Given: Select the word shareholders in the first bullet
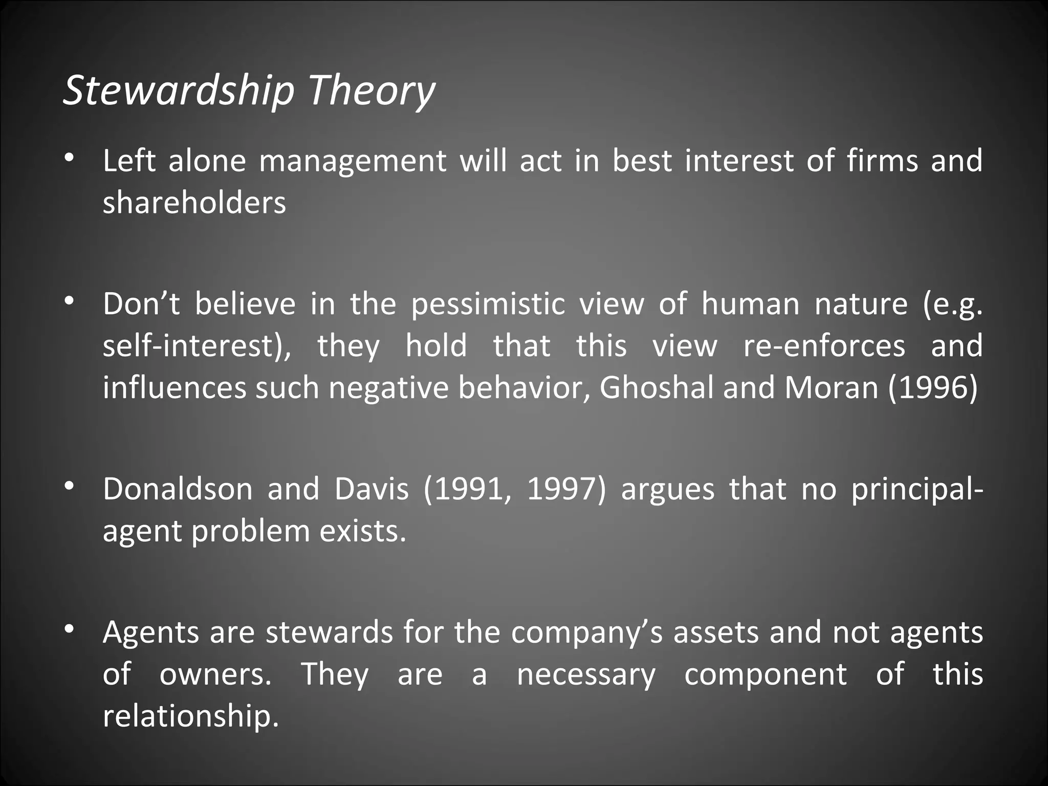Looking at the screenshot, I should point(194,203).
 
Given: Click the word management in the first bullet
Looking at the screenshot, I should point(353,161).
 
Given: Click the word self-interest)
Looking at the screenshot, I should point(196,346).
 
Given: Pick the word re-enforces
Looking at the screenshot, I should point(824,346).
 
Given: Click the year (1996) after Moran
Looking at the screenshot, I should point(933,388).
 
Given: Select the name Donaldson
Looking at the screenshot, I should point(178,489).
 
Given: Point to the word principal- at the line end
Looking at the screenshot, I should point(916,490).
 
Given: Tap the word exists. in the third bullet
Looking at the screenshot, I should point(363,531).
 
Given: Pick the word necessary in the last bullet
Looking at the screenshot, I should point(586,674).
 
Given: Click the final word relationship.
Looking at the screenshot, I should point(191,715).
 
